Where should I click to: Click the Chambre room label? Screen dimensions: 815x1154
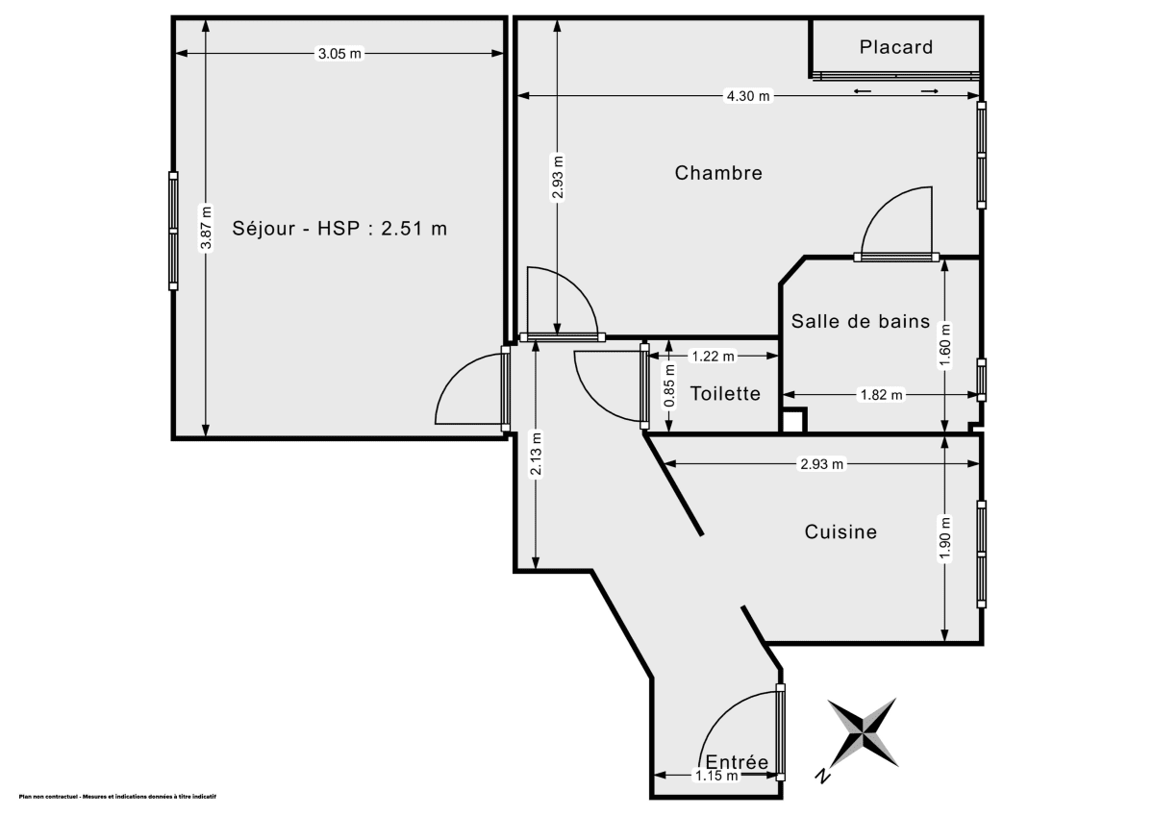pyautogui.click(x=718, y=173)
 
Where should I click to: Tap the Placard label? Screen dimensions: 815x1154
pyautogui.click(x=895, y=47)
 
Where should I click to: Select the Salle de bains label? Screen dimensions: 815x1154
pyautogui.click(x=860, y=322)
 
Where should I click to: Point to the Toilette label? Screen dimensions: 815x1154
pyautogui.click(x=725, y=393)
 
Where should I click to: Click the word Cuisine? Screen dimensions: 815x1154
pyautogui.click(x=840, y=531)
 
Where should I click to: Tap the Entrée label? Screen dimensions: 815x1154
pyautogui.click(x=737, y=762)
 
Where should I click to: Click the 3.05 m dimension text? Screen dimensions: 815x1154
pyautogui.click(x=339, y=54)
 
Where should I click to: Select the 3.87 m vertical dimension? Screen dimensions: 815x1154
pyautogui.click(x=205, y=228)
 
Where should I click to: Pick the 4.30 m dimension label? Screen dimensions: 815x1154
pyautogui.click(x=748, y=95)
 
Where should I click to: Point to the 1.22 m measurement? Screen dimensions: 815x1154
pyautogui.click(x=713, y=356)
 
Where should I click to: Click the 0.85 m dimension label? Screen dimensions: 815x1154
pyautogui.click(x=668, y=383)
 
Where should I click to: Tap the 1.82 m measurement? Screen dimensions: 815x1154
pyautogui.click(x=882, y=394)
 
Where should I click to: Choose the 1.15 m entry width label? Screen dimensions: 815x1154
pyautogui.click(x=716, y=776)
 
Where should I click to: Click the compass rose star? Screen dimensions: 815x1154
pyautogui.click(x=863, y=732)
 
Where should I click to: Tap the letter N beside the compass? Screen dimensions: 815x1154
pyautogui.click(x=822, y=776)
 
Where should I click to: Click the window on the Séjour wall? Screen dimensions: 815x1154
pyautogui.click(x=173, y=231)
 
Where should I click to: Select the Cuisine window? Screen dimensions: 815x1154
pyautogui.click(x=981, y=555)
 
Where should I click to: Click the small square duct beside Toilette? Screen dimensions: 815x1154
pyautogui.click(x=792, y=421)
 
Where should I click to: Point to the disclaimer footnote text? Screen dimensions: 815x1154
pyautogui.click(x=117, y=797)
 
